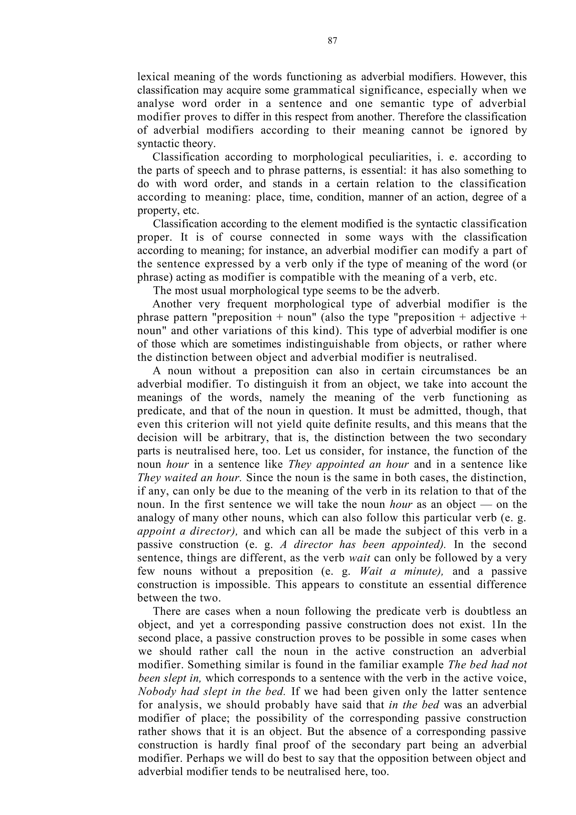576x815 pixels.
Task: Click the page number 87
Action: tap(332, 41)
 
